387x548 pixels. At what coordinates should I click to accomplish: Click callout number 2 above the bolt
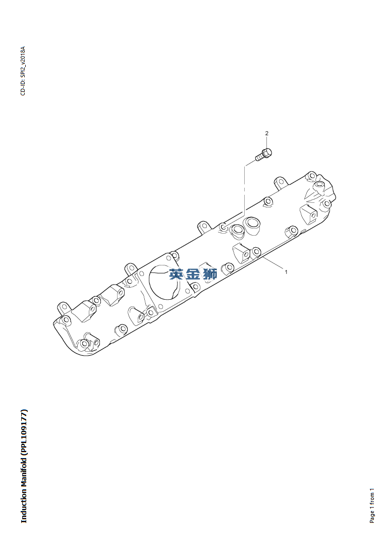click(x=267, y=133)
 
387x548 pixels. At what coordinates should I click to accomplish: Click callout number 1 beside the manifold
click(x=286, y=272)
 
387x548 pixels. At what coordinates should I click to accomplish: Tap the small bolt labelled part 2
click(x=263, y=154)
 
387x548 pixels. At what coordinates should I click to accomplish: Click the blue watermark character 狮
click(x=210, y=275)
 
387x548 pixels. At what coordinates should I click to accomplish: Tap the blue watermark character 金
click(x=193, y=275)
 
